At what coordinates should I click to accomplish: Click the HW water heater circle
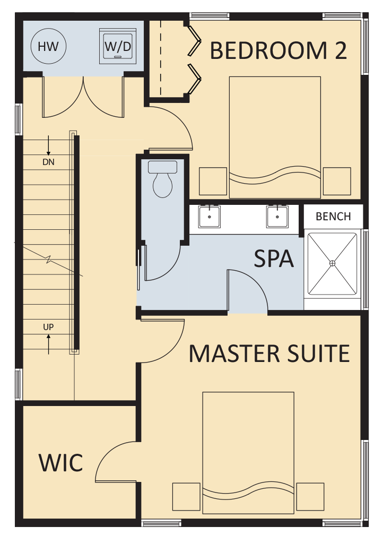[48, 46]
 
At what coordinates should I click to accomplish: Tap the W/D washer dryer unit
[118, 46]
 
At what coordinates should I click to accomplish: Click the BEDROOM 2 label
[278, 50]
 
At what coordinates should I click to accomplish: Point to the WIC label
[60, 463]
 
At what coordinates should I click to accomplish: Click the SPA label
[274, 258]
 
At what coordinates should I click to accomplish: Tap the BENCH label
[333, 217]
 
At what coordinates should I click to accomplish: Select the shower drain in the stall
[332, 263]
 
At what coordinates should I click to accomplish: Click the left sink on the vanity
[210, 217]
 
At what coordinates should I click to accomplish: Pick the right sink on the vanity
[277, 217]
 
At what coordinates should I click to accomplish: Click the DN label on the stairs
[48, 162]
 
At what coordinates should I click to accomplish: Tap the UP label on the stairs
[48, 327]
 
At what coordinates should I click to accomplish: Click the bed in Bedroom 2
[275, 137]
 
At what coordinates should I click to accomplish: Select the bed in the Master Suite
[248, 453]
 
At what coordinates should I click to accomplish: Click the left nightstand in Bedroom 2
[213, 181]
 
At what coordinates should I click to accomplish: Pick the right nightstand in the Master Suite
[310, 497]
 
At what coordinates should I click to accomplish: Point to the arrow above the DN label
[48, 145]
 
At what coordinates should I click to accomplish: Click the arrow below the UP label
[48, 344]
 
